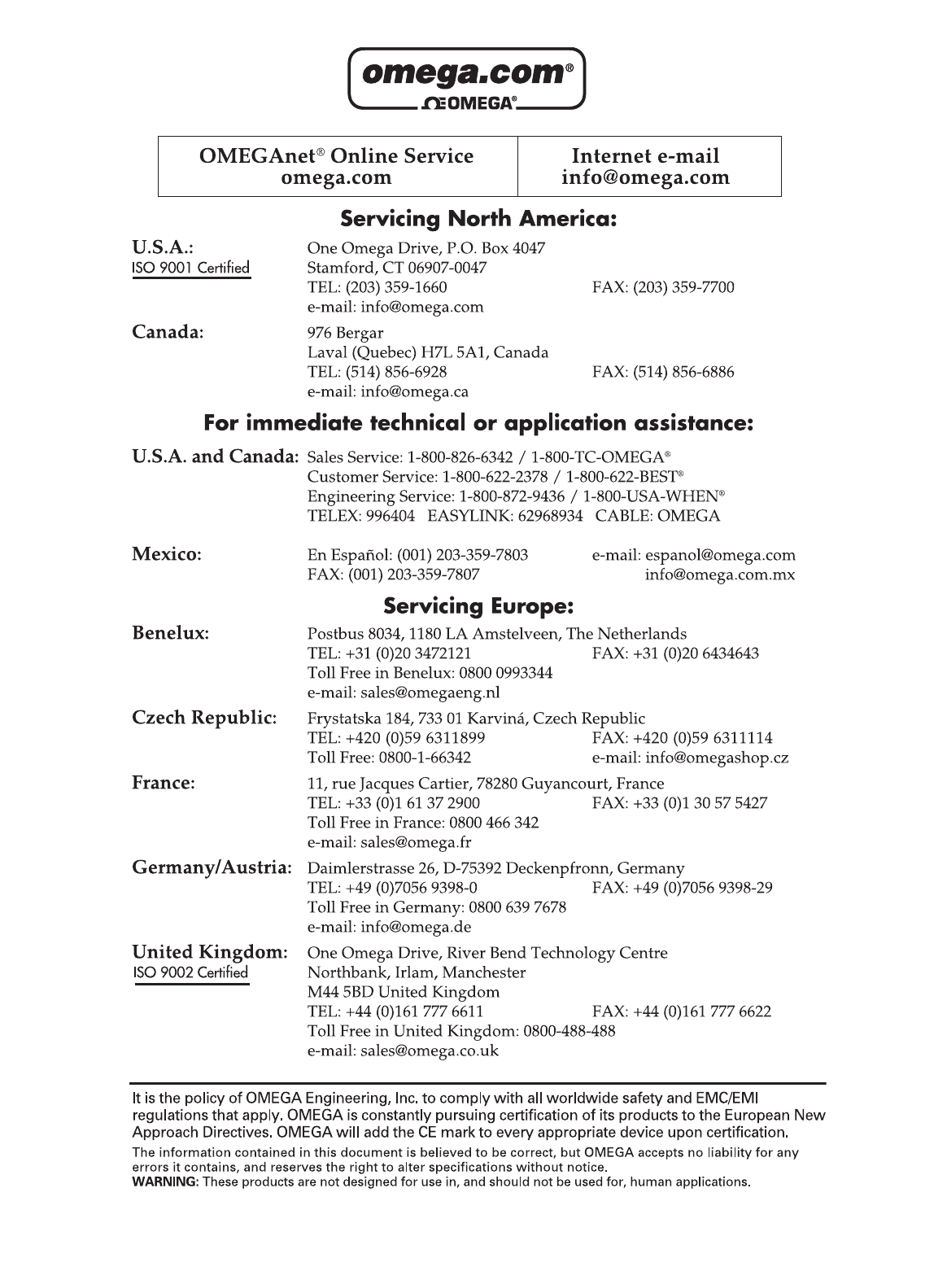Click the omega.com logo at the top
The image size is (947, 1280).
[466, 79]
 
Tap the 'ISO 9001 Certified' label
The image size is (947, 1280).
[191, 269]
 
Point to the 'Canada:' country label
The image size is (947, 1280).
[168, 332]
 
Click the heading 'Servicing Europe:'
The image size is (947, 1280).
[478, 606]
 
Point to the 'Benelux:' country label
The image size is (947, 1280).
[171, 633]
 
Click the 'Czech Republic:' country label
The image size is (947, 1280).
[204, 719]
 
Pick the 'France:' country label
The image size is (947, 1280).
[164, 783]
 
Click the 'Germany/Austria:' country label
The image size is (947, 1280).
[212, 868]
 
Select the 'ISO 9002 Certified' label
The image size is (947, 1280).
[191, 972]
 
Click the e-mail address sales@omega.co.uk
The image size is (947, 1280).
[430, 1051]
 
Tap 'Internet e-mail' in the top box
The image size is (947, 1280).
[646, 155]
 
